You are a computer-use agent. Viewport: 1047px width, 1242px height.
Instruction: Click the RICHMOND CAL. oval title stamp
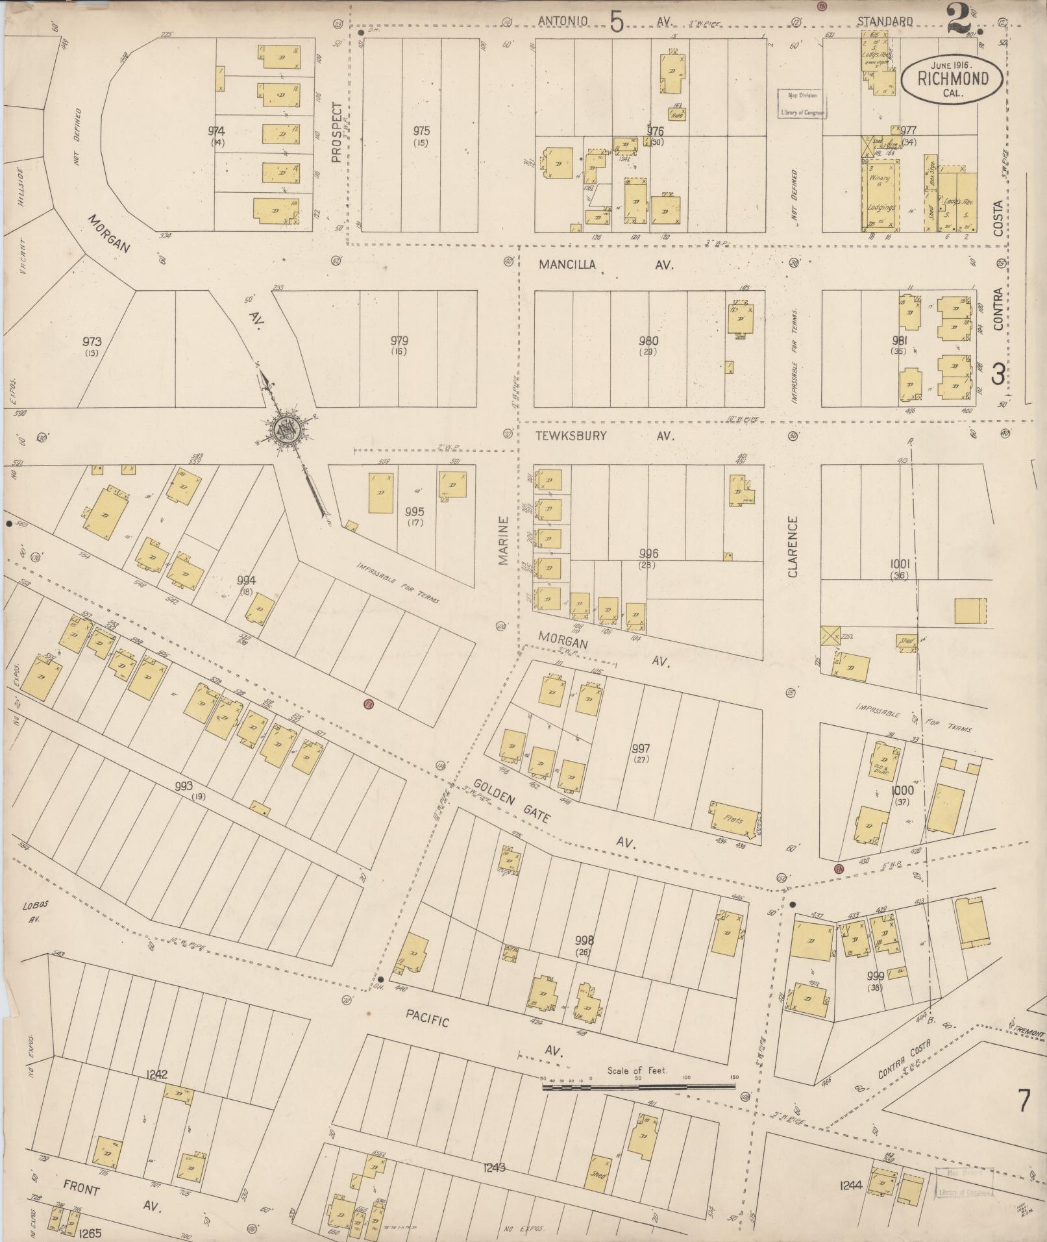tap(952, 79)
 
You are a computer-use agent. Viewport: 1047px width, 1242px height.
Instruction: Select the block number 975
tap(421, 131)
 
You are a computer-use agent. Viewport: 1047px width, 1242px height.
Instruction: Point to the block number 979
tap(399, 341)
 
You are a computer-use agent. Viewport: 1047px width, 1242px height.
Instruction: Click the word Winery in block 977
tap(880, 179)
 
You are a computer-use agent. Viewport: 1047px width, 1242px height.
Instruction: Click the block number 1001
tap(900, 564)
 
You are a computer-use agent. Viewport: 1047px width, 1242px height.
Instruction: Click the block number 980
tap(648, 341)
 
